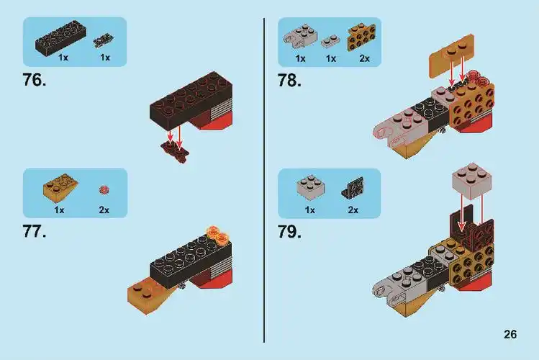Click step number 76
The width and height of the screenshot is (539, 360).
click(35, 80)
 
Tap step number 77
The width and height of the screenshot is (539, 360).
click(35, 231)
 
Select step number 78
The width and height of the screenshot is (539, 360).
click(289, 81)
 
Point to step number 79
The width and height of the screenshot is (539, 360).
click(289, 232)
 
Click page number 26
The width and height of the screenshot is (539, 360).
click(510, 334)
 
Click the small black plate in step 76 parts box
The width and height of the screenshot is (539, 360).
click(104, 40)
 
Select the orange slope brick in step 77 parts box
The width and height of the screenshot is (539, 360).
click(60, 190)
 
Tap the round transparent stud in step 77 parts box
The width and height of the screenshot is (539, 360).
click(104, 189)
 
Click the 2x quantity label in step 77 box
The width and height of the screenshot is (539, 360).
click(104, 210)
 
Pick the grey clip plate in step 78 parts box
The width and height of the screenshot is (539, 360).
click(300, 37)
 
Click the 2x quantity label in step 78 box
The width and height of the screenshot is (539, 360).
click(365, 58)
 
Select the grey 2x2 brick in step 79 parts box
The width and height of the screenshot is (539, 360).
click(310, 188)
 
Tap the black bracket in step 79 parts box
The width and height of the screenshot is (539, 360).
click(353, 188)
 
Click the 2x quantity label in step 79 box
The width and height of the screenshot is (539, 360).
click(353, 210)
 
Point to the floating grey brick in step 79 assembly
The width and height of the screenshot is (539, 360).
click(471, 181)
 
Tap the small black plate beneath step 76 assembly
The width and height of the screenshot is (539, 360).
click(175, 150)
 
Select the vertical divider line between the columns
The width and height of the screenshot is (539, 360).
click(264, 180)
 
